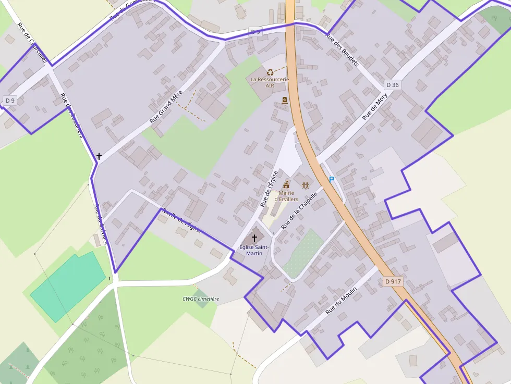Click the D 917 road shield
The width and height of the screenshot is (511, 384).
[x=393, y=281]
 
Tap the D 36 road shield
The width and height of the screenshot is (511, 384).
[x=393, y=85]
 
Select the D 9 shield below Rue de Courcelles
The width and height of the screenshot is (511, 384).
[x=10, y=100]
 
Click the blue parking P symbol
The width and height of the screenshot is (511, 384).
[x=331, y=180]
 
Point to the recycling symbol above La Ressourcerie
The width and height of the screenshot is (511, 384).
[x=270, y=72]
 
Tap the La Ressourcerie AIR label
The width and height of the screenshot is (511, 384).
[x=270, y=82]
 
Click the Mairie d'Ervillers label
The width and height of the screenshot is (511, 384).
[x=286, y=196]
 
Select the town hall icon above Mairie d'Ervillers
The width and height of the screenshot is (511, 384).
[x=286, y=185]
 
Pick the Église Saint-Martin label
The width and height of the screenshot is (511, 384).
[x=254, y=250]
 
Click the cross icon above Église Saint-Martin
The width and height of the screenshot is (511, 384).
[x=254, y=238]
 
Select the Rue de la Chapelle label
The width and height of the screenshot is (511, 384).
[x=299, y=210]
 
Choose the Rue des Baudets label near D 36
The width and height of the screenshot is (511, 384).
[x=343, y=50]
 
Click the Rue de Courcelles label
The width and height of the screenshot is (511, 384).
[x=31, y=43]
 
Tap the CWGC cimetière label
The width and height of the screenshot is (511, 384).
[x=201, y=299]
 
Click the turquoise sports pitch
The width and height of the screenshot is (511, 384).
[x=68, y=287]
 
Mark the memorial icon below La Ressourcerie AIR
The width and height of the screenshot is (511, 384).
[x=285, y=100]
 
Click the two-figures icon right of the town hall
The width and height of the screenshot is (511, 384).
[x=305, y=185]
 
